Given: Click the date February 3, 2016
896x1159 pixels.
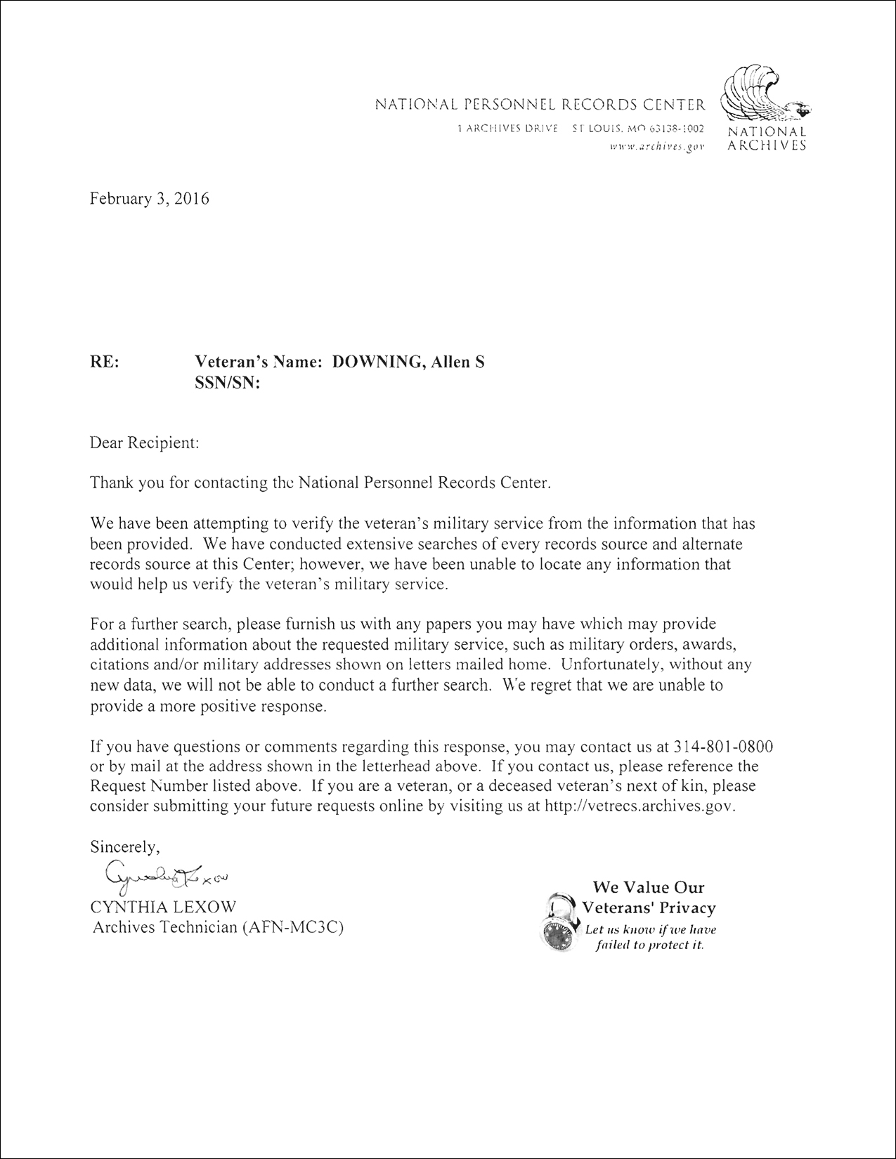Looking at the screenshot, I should [150, 199].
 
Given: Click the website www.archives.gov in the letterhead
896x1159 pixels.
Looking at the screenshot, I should [656, 146].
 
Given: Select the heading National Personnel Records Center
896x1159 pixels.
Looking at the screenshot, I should [540, 105].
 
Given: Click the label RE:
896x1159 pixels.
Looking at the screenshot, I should [105, 362].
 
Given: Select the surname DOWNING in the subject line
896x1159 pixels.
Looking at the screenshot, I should [375, 362].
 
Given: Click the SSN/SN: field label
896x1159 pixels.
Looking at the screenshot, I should [227, 384].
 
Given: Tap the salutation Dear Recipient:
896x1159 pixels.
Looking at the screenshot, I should [145, 443].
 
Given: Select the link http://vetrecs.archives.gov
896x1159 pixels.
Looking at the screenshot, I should [639, 806].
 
